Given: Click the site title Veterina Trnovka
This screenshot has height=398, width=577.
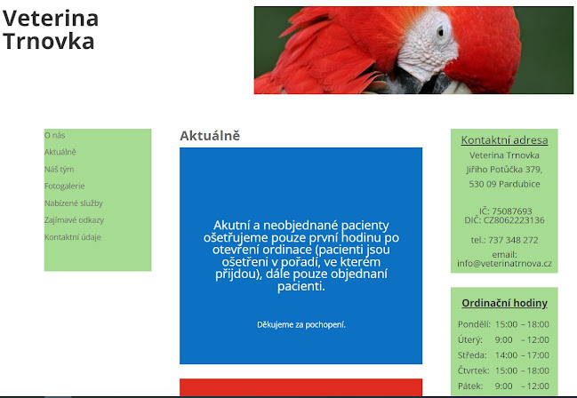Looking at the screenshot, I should coord(51,29).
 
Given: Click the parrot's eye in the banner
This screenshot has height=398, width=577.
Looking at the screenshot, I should coord(442,34).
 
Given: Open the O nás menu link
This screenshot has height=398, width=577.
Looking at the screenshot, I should coord(54,135).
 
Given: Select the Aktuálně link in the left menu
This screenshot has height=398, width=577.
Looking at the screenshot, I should coord(60,152).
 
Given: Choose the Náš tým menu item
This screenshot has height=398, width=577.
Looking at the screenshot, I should coord(59,169).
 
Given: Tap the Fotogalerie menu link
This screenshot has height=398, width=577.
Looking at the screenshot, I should coord(64,186).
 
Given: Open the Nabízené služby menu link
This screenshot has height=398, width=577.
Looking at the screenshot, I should coord(73,203).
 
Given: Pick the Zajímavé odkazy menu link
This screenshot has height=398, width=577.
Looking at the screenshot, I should coord(74,219).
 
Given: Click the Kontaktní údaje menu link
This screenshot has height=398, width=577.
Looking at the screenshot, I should coord(72,237).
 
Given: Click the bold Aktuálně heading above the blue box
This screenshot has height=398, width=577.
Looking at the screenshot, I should coord(210,136).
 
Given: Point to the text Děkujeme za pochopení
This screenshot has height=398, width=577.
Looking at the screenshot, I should coord(301,324).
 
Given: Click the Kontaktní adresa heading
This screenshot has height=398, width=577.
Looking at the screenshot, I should coord(504,139).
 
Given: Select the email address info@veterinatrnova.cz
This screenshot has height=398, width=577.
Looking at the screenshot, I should coord(504,263).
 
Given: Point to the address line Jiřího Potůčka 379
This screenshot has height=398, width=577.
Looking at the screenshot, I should coord(504,170).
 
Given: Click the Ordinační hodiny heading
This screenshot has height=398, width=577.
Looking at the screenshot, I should coord(504,303).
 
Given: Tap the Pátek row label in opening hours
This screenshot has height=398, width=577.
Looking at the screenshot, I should coord(469,386).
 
